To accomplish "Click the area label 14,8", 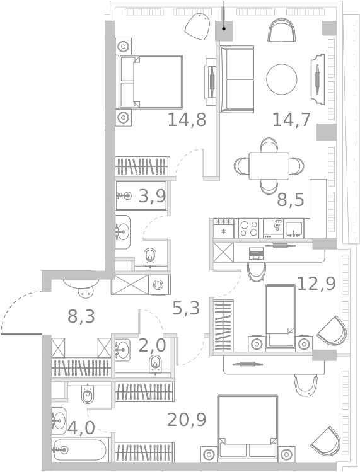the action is [x=187, y=120].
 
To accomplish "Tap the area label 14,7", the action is [x=291, y=120].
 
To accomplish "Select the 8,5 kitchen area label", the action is [x=291, y=200].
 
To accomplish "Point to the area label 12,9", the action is [x=316, y=284].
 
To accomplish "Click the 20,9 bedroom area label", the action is [x=187, y=420].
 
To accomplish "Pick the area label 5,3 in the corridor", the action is [x=186, y=308].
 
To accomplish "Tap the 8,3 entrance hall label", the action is [x=81, y=316].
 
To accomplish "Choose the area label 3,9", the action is [x=152, y=197].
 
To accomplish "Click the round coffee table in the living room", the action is [x=282, y=79].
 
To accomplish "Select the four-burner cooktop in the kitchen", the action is [x=249, y=229].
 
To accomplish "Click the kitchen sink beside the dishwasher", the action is [x=294, y=229].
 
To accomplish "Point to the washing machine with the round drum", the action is [x=159, y=284].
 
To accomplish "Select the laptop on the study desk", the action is [x=256, y=253].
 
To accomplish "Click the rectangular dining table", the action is [x=269, y=166].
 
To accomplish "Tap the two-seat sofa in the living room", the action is [x=237, y=79].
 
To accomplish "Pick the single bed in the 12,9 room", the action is [x=280, y=317].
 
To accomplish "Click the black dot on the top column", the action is [x=224, y=29].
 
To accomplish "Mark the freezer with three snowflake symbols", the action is [x=224, y=229].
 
